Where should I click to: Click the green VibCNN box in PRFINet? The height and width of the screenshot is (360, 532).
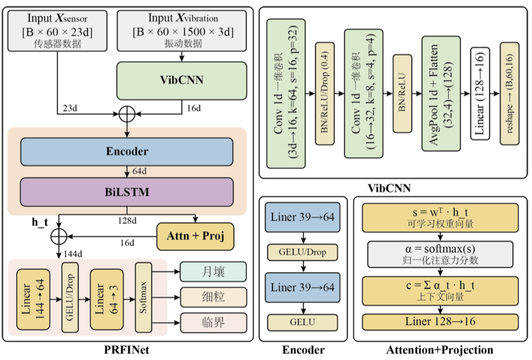tap(182, 81)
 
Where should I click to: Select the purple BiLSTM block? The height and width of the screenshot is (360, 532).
tap(126, 192)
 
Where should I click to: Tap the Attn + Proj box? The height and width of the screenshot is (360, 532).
tap(195, 236)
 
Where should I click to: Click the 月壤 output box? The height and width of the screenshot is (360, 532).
tap(213, 272)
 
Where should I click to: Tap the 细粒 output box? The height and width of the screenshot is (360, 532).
tap(213, 297)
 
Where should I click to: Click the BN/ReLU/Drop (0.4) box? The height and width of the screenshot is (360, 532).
tap(324, 93)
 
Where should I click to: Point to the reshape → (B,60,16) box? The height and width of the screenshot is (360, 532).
tap(509, 93)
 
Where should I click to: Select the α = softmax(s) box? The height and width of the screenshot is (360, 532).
tap(440, 254)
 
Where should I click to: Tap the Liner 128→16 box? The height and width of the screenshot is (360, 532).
tap(440, 322)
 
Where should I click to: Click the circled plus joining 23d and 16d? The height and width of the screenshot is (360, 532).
tap(128, 114)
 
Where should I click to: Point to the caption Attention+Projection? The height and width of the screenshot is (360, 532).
tap(440, 350)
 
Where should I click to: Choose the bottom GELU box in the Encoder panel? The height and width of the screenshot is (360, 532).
tap(302, 322)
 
